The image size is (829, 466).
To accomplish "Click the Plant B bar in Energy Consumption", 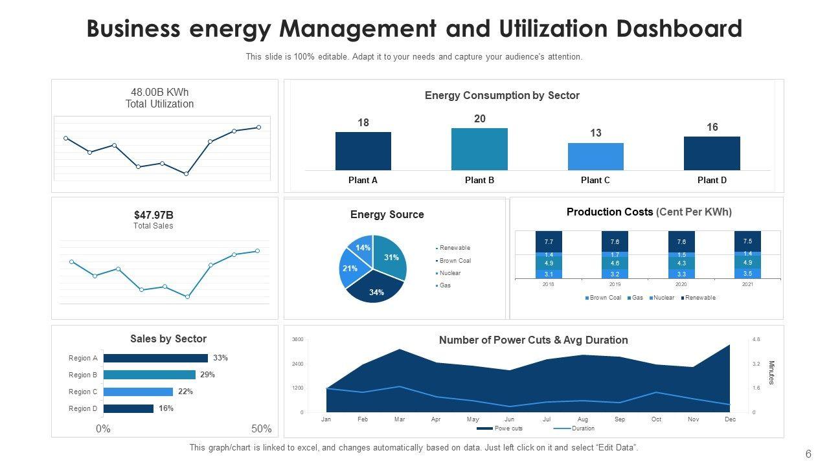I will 479,149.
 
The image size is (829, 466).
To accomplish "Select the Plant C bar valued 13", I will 595,157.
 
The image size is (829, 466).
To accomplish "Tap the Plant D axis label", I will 712,181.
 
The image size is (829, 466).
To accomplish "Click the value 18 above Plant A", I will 363,123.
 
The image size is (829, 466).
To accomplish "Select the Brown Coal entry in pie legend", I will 455,261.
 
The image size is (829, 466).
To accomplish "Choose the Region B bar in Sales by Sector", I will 149,375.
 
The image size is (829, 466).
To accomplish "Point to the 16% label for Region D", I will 166,408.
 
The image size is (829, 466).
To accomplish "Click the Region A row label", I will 84,358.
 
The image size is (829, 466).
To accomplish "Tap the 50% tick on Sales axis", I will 261,429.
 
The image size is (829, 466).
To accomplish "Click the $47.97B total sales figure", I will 153,215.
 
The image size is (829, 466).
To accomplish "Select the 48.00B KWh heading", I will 159,92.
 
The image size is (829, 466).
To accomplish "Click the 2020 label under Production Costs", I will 681,284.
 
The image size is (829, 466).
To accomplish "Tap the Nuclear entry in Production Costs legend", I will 664,298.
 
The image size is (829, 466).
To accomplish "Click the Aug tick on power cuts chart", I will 583,419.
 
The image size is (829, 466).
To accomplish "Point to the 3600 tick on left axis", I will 297,340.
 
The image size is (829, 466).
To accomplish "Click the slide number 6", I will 808,454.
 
